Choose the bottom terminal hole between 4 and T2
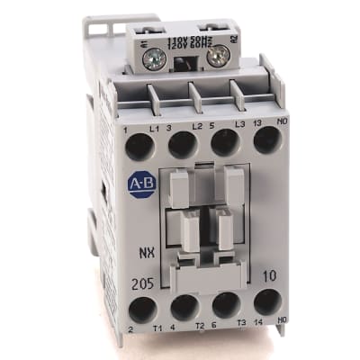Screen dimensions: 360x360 tap(185, 308)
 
